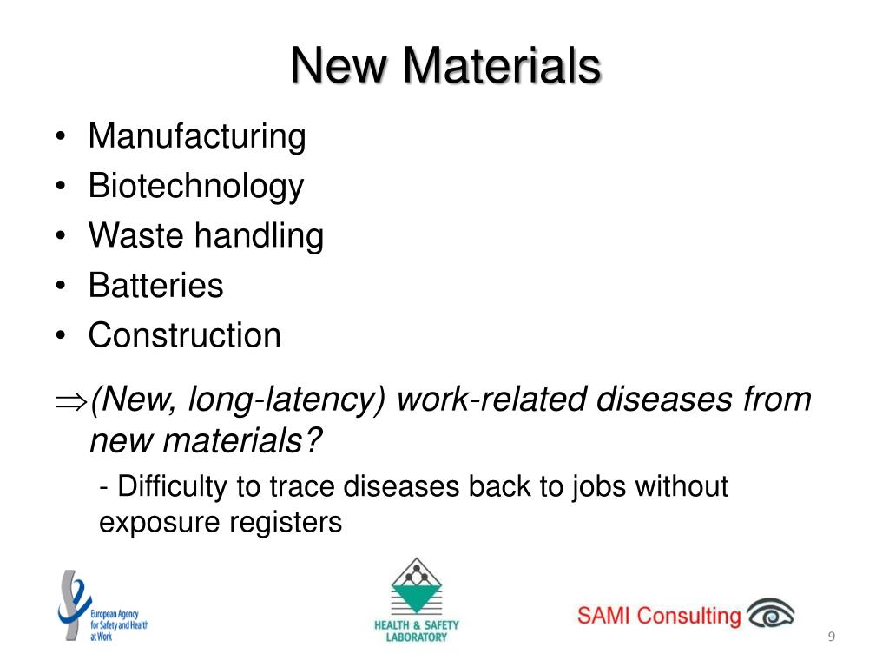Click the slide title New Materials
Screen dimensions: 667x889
(444, 66)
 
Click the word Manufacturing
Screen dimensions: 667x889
(197, 136)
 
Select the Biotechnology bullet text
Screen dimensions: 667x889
(196, 186)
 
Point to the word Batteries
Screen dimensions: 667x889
(155, 286)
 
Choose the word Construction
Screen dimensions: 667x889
(185, 335)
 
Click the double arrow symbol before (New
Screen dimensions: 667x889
(67, 400)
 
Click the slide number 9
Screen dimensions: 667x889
(831, 639)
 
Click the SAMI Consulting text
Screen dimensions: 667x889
(659, 616)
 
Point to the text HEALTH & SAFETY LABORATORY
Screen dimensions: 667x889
(417, 631)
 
